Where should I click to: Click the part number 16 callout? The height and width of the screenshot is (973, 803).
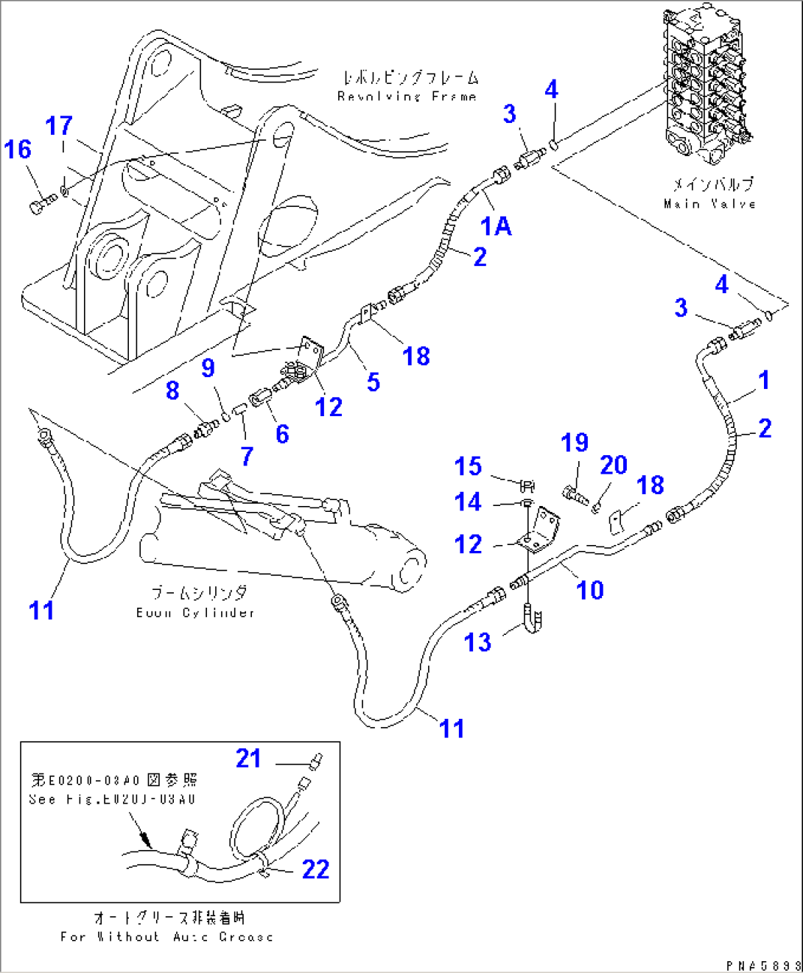pyautogui.click(x=18, y=150)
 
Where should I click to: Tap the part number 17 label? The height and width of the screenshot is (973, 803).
pyautogui.click(x=59, y=126)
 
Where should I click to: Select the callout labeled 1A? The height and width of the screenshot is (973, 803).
pyautogui.click(x=496, y=226)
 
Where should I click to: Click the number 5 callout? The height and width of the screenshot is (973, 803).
pyautogui.click(x=374, y=382)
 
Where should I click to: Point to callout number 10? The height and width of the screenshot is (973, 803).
pyautogui.click(x=589, y=590)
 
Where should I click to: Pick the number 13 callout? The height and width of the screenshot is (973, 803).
pyautogui.click(x=477, y=642)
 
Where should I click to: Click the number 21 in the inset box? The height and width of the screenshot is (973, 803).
pyautogui.click(x=248, y=758)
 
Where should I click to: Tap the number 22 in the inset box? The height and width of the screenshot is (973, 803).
pyautogui.click(x=315, y=869)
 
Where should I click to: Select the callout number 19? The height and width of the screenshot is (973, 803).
pyautogui.click(x=575, y=443)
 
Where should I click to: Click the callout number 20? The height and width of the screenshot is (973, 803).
pyautogui.click(x=613, y=465)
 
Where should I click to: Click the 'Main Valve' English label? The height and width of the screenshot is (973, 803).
pyautogui.click(x=709, y=204)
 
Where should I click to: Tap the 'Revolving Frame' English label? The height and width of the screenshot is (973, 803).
pyautogui.click(x=407, y=96)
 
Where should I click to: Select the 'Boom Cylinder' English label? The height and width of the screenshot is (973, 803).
pyautogui.click(x=195, y=613)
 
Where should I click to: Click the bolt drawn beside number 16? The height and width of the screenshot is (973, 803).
pyautogui.click(x=42, y=205)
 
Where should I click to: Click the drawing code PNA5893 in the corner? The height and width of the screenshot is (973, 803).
pyautogui.click(x=762, y=965)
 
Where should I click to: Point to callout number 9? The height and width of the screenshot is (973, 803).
pyautogui.click(x=208, y=368)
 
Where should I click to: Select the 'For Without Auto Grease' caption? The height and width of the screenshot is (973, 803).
pyautogui.click(x=166, y=937)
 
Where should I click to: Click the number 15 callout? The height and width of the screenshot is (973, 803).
pyautogui.click(x=468, y=466)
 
